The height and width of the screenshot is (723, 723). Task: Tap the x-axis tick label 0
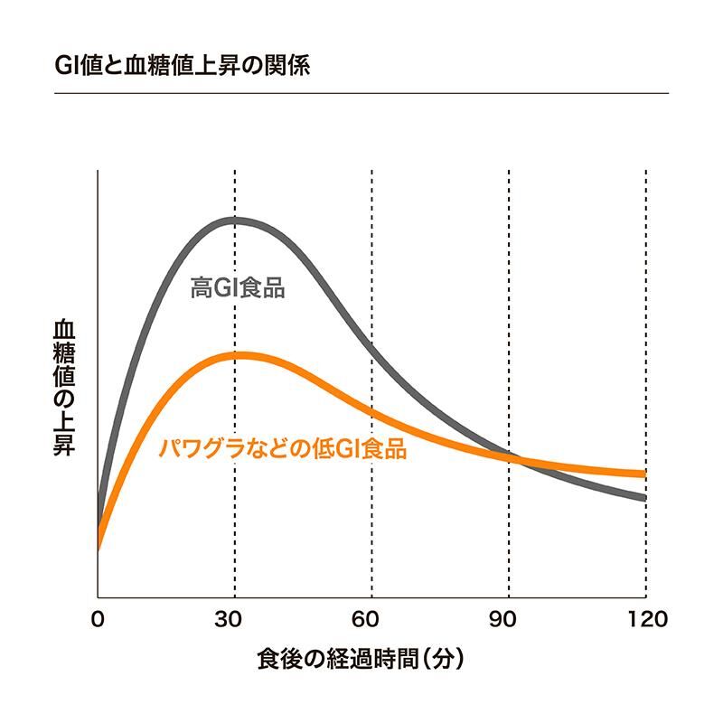click(x=98, y=619)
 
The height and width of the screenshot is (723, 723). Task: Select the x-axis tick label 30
click(x=235, y=619)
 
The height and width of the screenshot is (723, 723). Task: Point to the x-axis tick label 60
click(x=371, y=619)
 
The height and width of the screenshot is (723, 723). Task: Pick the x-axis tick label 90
click(x=509, y=619)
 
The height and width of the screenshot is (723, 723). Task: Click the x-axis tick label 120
click(x=645, y=619)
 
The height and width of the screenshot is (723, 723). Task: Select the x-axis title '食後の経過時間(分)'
click(x=361, y=659)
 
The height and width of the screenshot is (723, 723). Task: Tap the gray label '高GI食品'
click(x=239, y=288)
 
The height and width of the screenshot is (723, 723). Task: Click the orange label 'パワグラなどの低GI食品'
click(x=282, y=447)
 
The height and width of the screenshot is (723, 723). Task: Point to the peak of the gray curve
click(x=235, y=219)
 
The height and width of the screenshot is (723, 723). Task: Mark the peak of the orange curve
click(x=239, y=354)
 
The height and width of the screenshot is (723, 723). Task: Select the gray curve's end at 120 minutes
click(x=644, y=497)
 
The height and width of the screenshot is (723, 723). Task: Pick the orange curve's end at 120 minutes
click(x=644, y=474)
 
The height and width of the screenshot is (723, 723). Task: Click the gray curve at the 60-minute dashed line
click(x=371, y=345)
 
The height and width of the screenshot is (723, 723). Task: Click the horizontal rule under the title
click(x=361, y=93)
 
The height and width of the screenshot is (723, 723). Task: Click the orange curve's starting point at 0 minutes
click(x=98, y=545)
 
